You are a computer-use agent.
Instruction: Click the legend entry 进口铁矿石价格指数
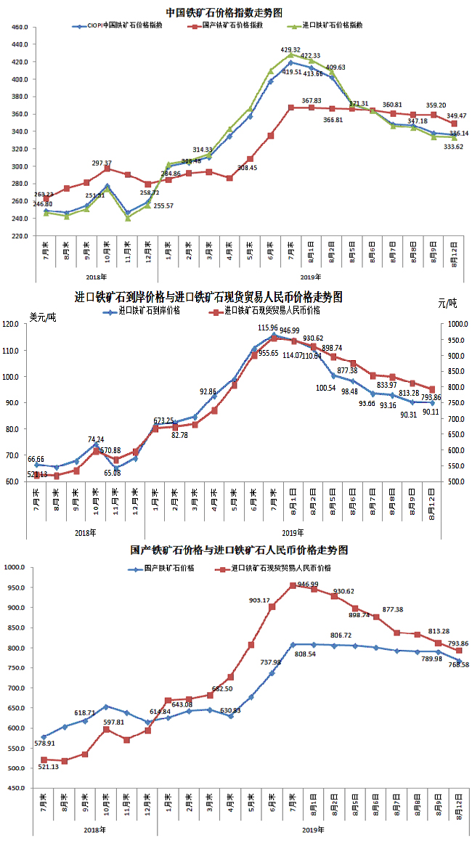[x=333, y=25]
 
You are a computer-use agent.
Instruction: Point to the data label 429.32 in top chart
[x=290, y=49]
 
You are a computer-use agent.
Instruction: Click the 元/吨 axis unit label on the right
[x=447, y=303]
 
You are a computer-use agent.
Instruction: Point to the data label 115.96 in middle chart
[x=274, y=328]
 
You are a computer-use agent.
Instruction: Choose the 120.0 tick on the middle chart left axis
[x=15, y=325]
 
